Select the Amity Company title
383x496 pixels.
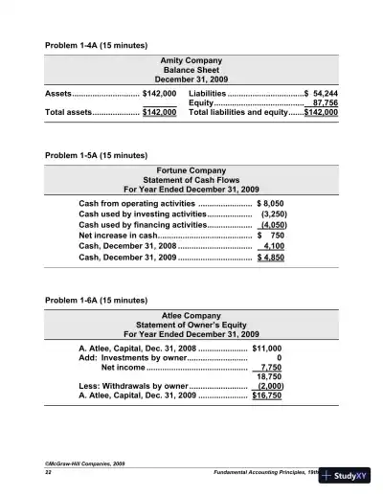pyautogui.click(x=191, y=59)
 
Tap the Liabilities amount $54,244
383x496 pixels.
pyautogui.click(x=320, y=93)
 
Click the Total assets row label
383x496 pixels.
pyautogui.click(x=69, y=112)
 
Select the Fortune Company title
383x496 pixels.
pyautogui.click(x=191, y=169)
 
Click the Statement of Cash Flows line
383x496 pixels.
pyautogui.click(x=191, y=179)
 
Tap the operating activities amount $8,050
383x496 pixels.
pyautogui.click(x=271, y=204)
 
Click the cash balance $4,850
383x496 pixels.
pyautogui.click(x=269, y=258)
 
